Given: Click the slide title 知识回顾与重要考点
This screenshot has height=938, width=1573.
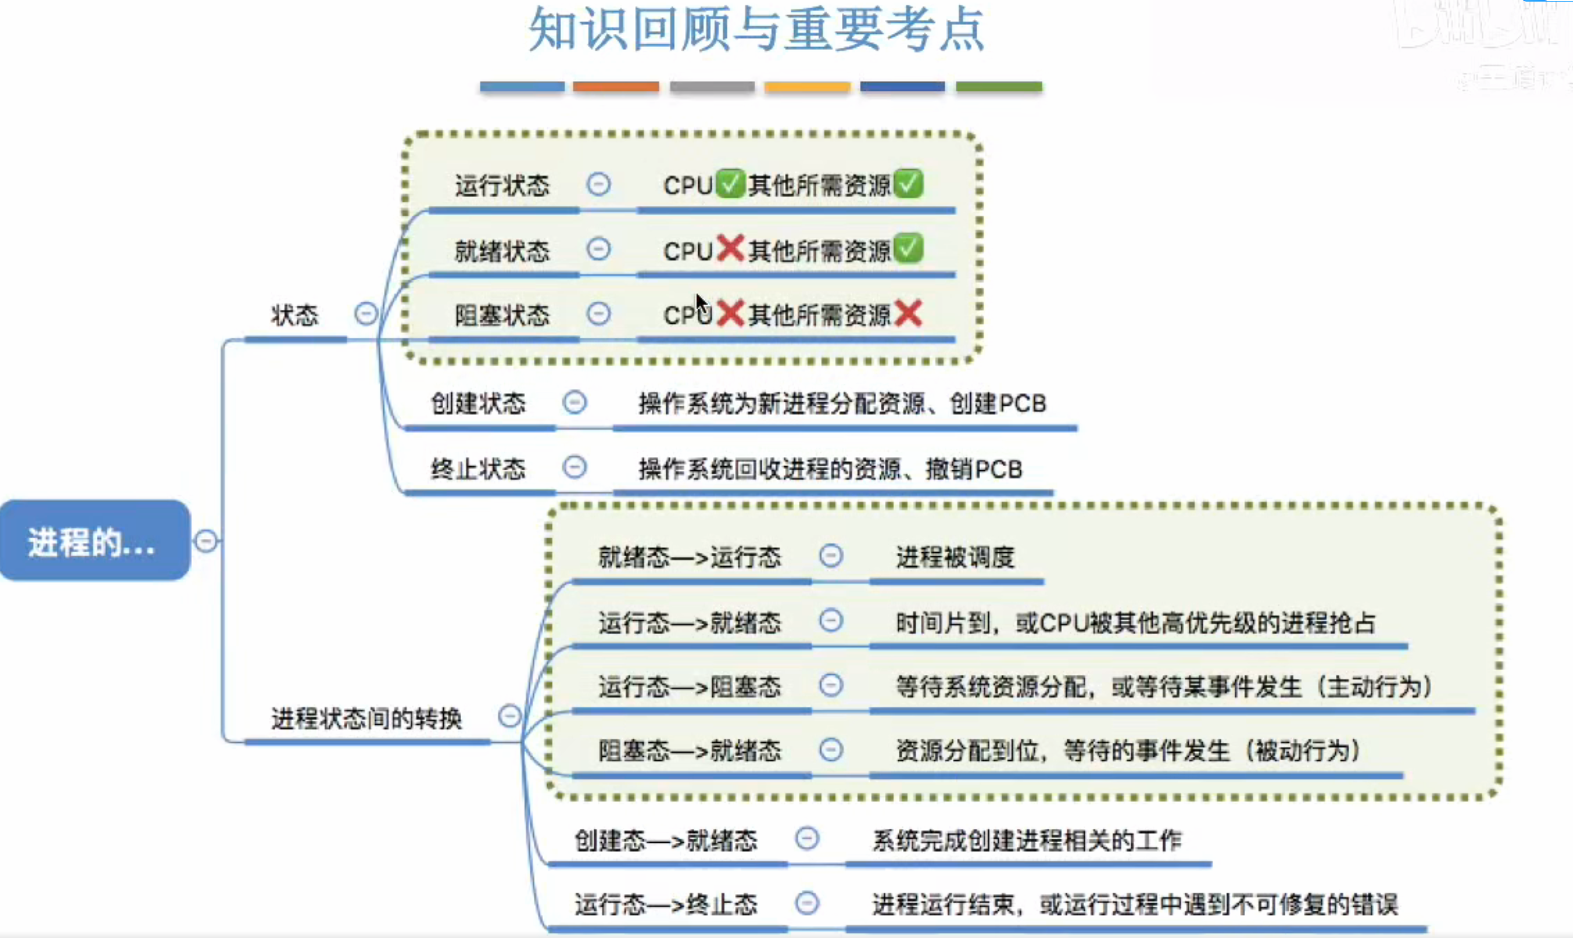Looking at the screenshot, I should coord(756,30).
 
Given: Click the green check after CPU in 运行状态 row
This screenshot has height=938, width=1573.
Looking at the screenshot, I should coord(730,184).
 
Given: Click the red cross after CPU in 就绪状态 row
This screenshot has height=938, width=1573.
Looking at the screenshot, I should coord(730,248).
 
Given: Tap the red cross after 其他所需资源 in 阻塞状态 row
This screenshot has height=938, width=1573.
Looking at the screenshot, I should coord(908,313).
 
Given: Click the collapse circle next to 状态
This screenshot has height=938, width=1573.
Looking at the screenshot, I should coord(366,314).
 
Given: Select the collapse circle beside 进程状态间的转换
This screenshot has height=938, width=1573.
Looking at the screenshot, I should coord(510,716).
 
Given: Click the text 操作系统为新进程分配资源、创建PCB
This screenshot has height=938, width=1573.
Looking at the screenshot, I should coord(842,403).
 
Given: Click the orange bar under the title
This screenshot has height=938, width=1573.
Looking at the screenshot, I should coord(616,87).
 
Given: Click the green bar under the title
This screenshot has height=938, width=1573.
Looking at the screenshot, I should coord(999,87).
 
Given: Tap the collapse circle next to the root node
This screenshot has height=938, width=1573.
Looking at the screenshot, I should coord(206,541).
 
